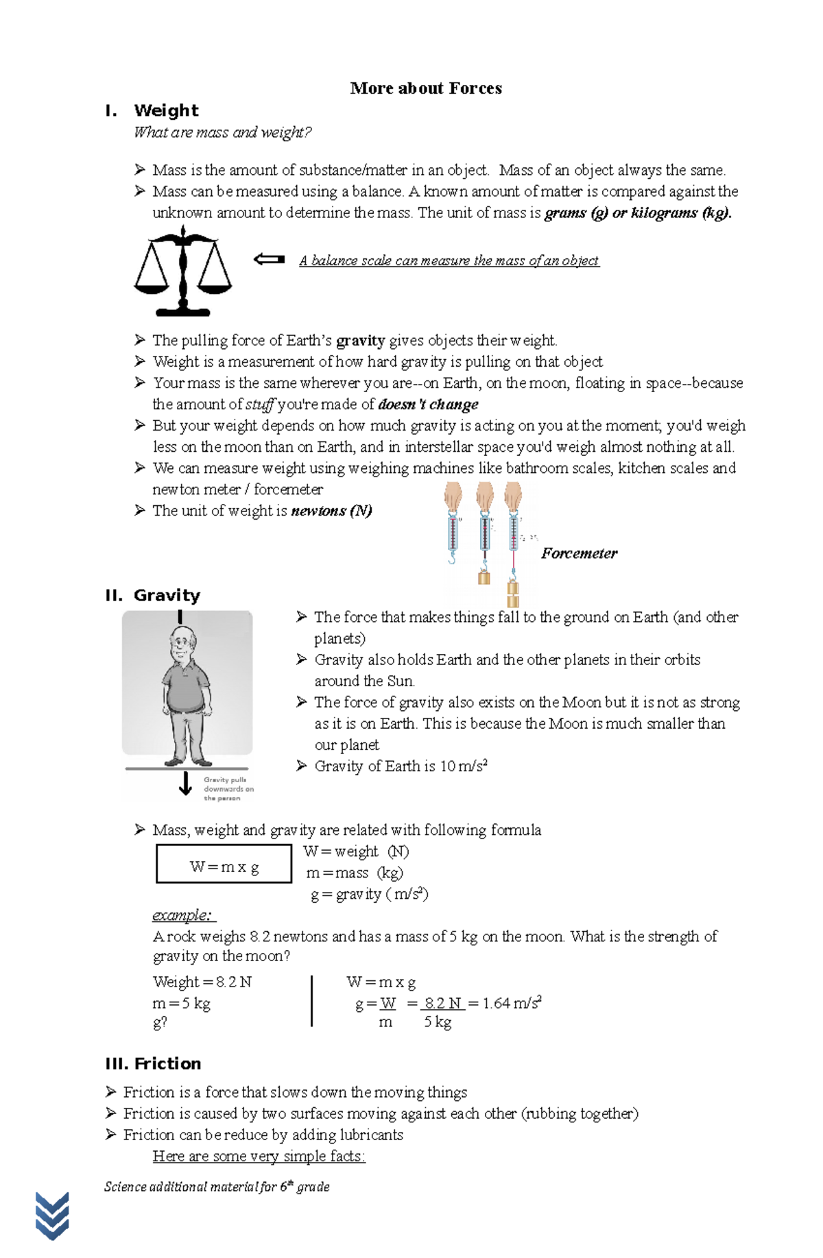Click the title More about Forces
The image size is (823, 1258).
(425, 88)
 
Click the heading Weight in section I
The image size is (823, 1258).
(166, 110)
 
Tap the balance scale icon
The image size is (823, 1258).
(182, 271)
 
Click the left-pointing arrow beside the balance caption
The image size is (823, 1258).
(269, 259)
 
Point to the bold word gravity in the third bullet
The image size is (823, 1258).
(360, 341)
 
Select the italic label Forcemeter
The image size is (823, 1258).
(579, 553)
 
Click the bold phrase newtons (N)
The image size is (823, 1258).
(331, 511)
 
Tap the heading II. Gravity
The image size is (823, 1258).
(153, 595)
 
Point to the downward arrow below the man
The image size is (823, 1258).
(185, 783)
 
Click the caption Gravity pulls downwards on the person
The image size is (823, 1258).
(228, 789)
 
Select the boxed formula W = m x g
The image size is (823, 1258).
(224, 867)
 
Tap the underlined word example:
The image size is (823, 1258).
(184, 915)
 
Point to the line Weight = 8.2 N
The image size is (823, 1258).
(202, 982)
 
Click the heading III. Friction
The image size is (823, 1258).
(153, 1063)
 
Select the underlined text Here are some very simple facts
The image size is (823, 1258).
(259, 1157)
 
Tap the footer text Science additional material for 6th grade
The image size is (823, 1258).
(217, 1187)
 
